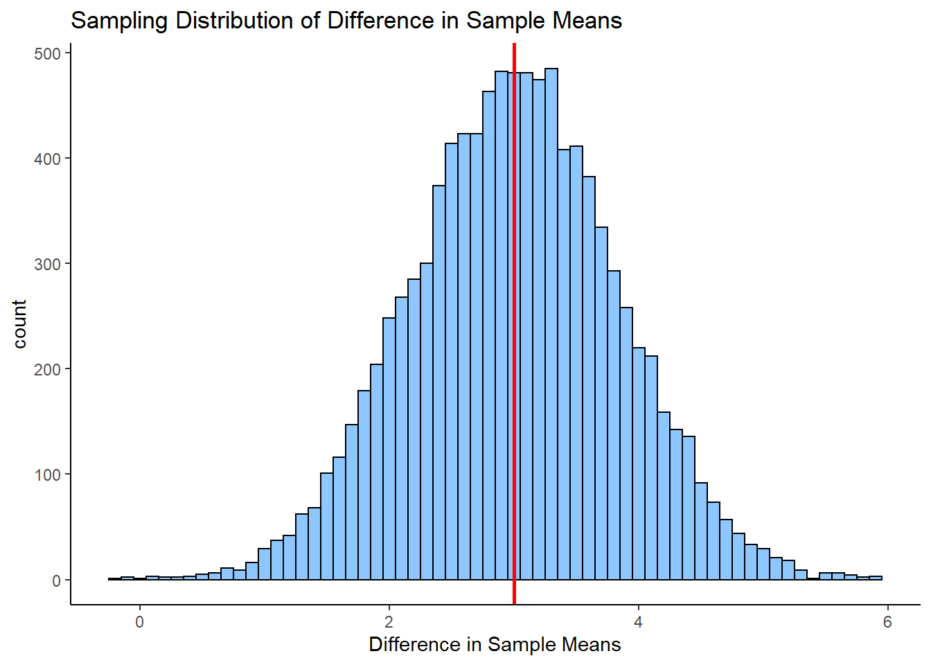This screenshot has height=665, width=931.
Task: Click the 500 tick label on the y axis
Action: point(47,53)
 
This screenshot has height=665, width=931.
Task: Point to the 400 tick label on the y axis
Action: point(47,159)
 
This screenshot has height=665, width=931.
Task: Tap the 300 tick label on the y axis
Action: point(47,264)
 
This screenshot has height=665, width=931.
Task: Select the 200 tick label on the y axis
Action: point(47,369)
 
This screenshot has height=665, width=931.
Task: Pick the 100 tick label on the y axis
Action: point(47,475)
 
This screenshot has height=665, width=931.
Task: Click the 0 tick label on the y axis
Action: point(56,580)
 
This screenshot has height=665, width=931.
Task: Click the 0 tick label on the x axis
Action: point(140,621)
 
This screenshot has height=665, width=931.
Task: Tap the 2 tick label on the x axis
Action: point(389,621)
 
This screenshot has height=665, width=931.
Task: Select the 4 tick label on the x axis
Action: point(638,621)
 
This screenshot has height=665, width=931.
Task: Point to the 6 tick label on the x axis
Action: point(887,621)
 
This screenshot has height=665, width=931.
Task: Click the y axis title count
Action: point(19,324)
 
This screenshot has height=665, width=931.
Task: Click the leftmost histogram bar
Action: point(115,578)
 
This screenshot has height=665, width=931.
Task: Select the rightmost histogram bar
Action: point(876,578)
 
